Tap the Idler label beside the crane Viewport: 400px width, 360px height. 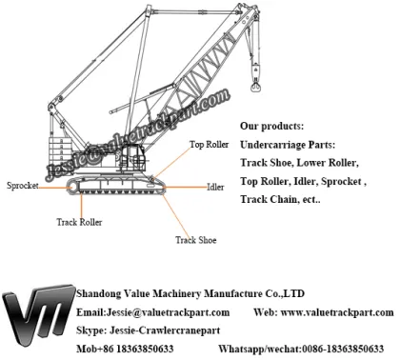[x=217, y=187]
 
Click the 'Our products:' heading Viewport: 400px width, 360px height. [x=271, y=126]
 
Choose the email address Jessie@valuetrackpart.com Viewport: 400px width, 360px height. [x=153, y=312]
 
